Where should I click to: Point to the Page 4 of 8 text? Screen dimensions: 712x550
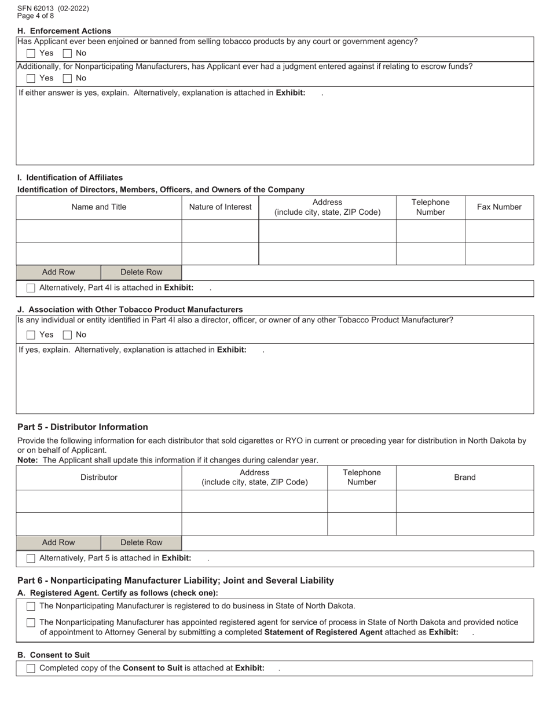pyautogui.click(x=35, y=16)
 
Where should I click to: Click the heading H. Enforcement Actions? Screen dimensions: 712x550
pyautogui.click(x=64, y=31)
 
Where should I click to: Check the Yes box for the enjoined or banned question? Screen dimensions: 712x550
pyautogui.click(x=31, y=53)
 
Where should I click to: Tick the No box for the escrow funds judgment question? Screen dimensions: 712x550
pyautogui.click(x=68, y=78)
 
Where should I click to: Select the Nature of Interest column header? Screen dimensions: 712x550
pyautogui.click(x=220, y=207)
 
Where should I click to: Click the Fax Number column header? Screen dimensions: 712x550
pyautogui.click(x=499, y=207)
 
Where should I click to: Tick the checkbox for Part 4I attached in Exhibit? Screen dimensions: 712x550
pyautogui.click(x=31, y=288)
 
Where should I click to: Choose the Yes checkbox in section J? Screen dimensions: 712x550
pyautogui.click(x=31, y=335)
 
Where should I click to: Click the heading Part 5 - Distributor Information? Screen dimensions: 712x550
pyautogui.click(x=83, y=427)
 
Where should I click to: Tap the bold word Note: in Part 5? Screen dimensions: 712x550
pyautogui.click(x=28, y=460)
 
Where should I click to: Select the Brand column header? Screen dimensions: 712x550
pyautogui.click(x=464, y=478)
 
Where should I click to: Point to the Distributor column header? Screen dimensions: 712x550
pyautogui.click(x=99, y=478)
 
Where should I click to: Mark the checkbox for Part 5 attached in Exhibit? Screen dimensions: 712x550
pyautogui.click(x=31, y=559)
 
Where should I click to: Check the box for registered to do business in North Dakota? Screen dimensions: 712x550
pyautogui.click(x=31, y=607)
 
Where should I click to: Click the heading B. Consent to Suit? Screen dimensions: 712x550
pyautogui.click(x=53, y=655)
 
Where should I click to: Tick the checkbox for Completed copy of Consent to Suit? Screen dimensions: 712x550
pyautogui.click(x=31, y=669)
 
